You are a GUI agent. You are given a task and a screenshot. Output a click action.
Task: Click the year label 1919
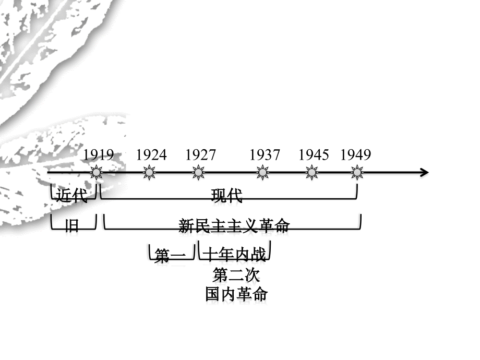tap(99, 154)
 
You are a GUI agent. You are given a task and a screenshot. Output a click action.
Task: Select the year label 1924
tap(151, 154)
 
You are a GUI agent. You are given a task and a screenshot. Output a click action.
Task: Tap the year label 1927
tap(200, 154)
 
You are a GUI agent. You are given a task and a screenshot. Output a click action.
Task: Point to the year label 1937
tap(265, 154)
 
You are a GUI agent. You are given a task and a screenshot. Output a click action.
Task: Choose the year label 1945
tap(314, 154)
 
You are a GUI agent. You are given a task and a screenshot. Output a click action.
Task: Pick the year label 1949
tap(356, 154)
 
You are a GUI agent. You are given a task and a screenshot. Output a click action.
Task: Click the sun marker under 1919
tap(97, 173)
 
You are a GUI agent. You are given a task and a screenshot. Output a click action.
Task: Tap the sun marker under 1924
tap(149, 173)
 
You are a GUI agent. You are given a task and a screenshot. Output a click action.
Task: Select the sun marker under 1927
tap(198, 173)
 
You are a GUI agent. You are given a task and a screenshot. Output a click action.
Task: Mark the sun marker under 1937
tap(262, 173)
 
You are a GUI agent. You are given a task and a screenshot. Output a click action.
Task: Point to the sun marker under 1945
tap(311, 173)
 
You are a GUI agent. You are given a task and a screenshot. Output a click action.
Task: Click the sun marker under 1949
tap(357, 173)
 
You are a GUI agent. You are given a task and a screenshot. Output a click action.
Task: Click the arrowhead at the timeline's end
tap(428, 172)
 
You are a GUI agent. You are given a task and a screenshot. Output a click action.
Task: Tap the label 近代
tap(71, 195)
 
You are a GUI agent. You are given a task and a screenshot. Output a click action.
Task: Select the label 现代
tap(227, 196)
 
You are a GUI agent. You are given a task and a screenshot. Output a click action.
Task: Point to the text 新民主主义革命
tap(234, 226)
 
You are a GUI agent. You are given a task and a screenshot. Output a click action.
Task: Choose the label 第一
tap(170, 256)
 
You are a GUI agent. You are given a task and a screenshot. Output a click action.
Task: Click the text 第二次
tap(236, 274)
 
